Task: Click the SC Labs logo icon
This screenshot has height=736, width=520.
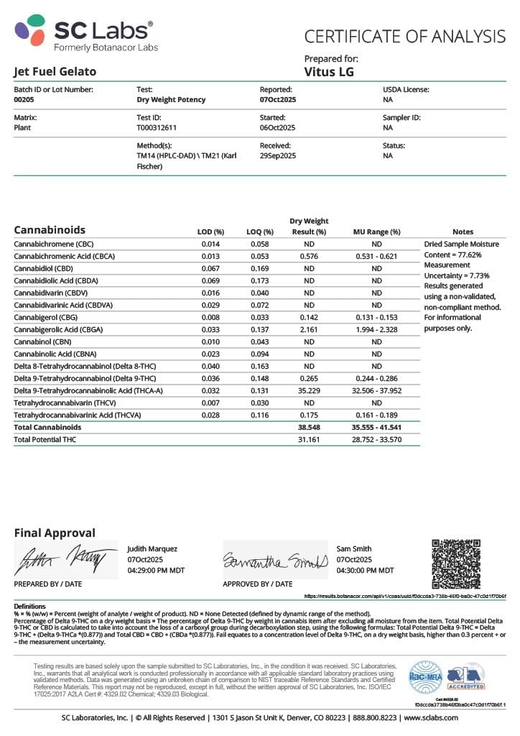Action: pyautogui.click(x=30, y=32)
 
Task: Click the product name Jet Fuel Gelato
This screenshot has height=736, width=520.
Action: pyautogui.click(x=55, y=72)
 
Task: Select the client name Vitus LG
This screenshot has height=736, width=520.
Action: pyautogui.click(x=329, y=72)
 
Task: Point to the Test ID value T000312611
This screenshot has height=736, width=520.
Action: pyautogui.click(x=157, y=128)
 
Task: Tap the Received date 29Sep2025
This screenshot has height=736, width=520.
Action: pyautogui.click(x=278, y=156)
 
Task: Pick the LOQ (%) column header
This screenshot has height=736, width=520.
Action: pyautogui.click(x=260, y=232)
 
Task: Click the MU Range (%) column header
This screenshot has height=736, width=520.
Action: pyautogui.click(x=376, y=232)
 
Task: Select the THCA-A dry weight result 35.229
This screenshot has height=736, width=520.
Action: pyautogui.click(x=308, y=390)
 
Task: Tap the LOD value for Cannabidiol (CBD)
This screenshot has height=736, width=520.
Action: pyautogui.click(x=210, y=268)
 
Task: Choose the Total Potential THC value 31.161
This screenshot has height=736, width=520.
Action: pyautogui.click(x=308, y=439)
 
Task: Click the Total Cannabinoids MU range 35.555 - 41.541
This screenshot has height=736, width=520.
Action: pyautogui.click(x=376, y=427)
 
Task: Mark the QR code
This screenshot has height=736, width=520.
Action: pyautogui.click(x=455, y=563)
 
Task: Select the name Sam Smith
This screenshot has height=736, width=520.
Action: pyautogui.click(x=353, y=548)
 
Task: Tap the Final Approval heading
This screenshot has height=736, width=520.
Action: pyautogui.click(x=55, y=533)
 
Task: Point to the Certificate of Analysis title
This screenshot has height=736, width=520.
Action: pyautogui.click(x=405, y=36)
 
